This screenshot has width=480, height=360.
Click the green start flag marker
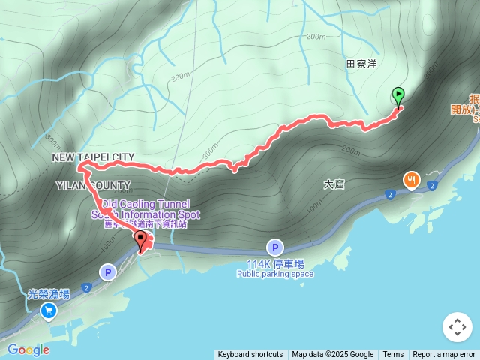pyautogui.click(x=398, y=97)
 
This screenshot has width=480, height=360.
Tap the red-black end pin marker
pyautogui.click(x=140, y=241)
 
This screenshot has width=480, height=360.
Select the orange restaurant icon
pyautogui.click(x=411, y=180)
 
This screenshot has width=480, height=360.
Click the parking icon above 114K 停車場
pyautogui.click(x=275, y=247)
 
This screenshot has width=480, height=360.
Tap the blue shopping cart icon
pyautogui.click(x=49, y=310)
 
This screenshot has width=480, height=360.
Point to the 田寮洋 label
pyautogui.click(x=361, y=64)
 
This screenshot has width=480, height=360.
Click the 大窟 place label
pyautogui.click(x=334, y=184)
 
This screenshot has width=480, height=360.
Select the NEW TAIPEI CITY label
pyautogui.click(x=93, y=157)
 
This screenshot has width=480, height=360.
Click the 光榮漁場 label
pyautogui.click(x=49, y=293)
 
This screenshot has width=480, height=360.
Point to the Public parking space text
pyautogui.click(x=275, y=274)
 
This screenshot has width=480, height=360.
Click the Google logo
pyautogui.click(x=28, y=349)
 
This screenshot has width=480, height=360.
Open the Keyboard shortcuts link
pyautogui.click(x=250, y=355)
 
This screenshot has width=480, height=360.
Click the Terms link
pyautogui.click(x=393, y=355)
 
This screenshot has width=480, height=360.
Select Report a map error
pyautogui.click(x=444, y=355)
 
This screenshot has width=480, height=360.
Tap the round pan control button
pyautogui.click(x=457, y=327)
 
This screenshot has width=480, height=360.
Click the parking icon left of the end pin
pyautogui.click(x=108, y=272)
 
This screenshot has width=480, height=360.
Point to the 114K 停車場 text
pyautogui.click(x=275, y=263)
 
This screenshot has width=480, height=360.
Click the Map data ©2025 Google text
pyautogui.click(x=332, y=355)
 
